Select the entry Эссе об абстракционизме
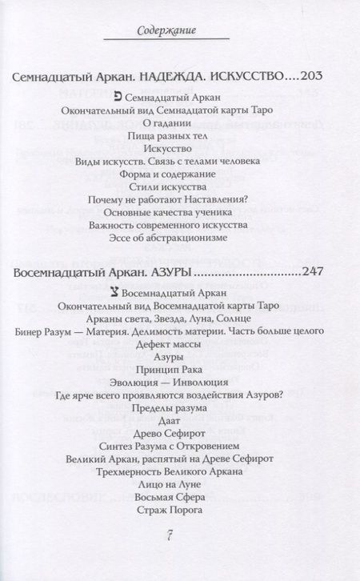[180, 238]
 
